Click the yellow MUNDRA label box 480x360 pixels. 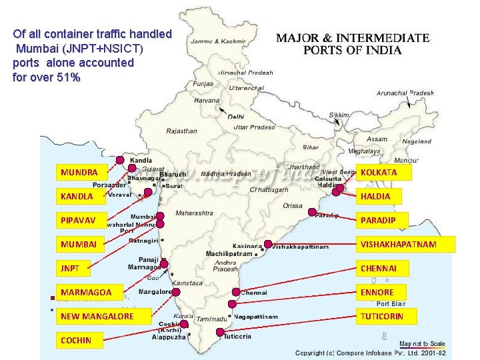tap(83, 173)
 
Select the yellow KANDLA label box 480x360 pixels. tap(83, 196)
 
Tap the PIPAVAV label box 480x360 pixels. tap(83, 220)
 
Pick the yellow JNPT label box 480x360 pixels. tap(83, 268)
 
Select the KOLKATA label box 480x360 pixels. tap(383, 173)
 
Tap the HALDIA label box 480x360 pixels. tap(383, 196)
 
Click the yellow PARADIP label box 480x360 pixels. tap(383, 220)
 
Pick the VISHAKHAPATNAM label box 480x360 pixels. tap(405, 244)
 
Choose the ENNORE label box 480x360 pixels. tap(383, 292)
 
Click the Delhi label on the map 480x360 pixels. tap(236, 117)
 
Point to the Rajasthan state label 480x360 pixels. tap(181, 131)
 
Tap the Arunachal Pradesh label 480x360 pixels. tap(405, 93)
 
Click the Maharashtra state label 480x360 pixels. tap(194, 213)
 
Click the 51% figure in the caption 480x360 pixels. tap(69, 78)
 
